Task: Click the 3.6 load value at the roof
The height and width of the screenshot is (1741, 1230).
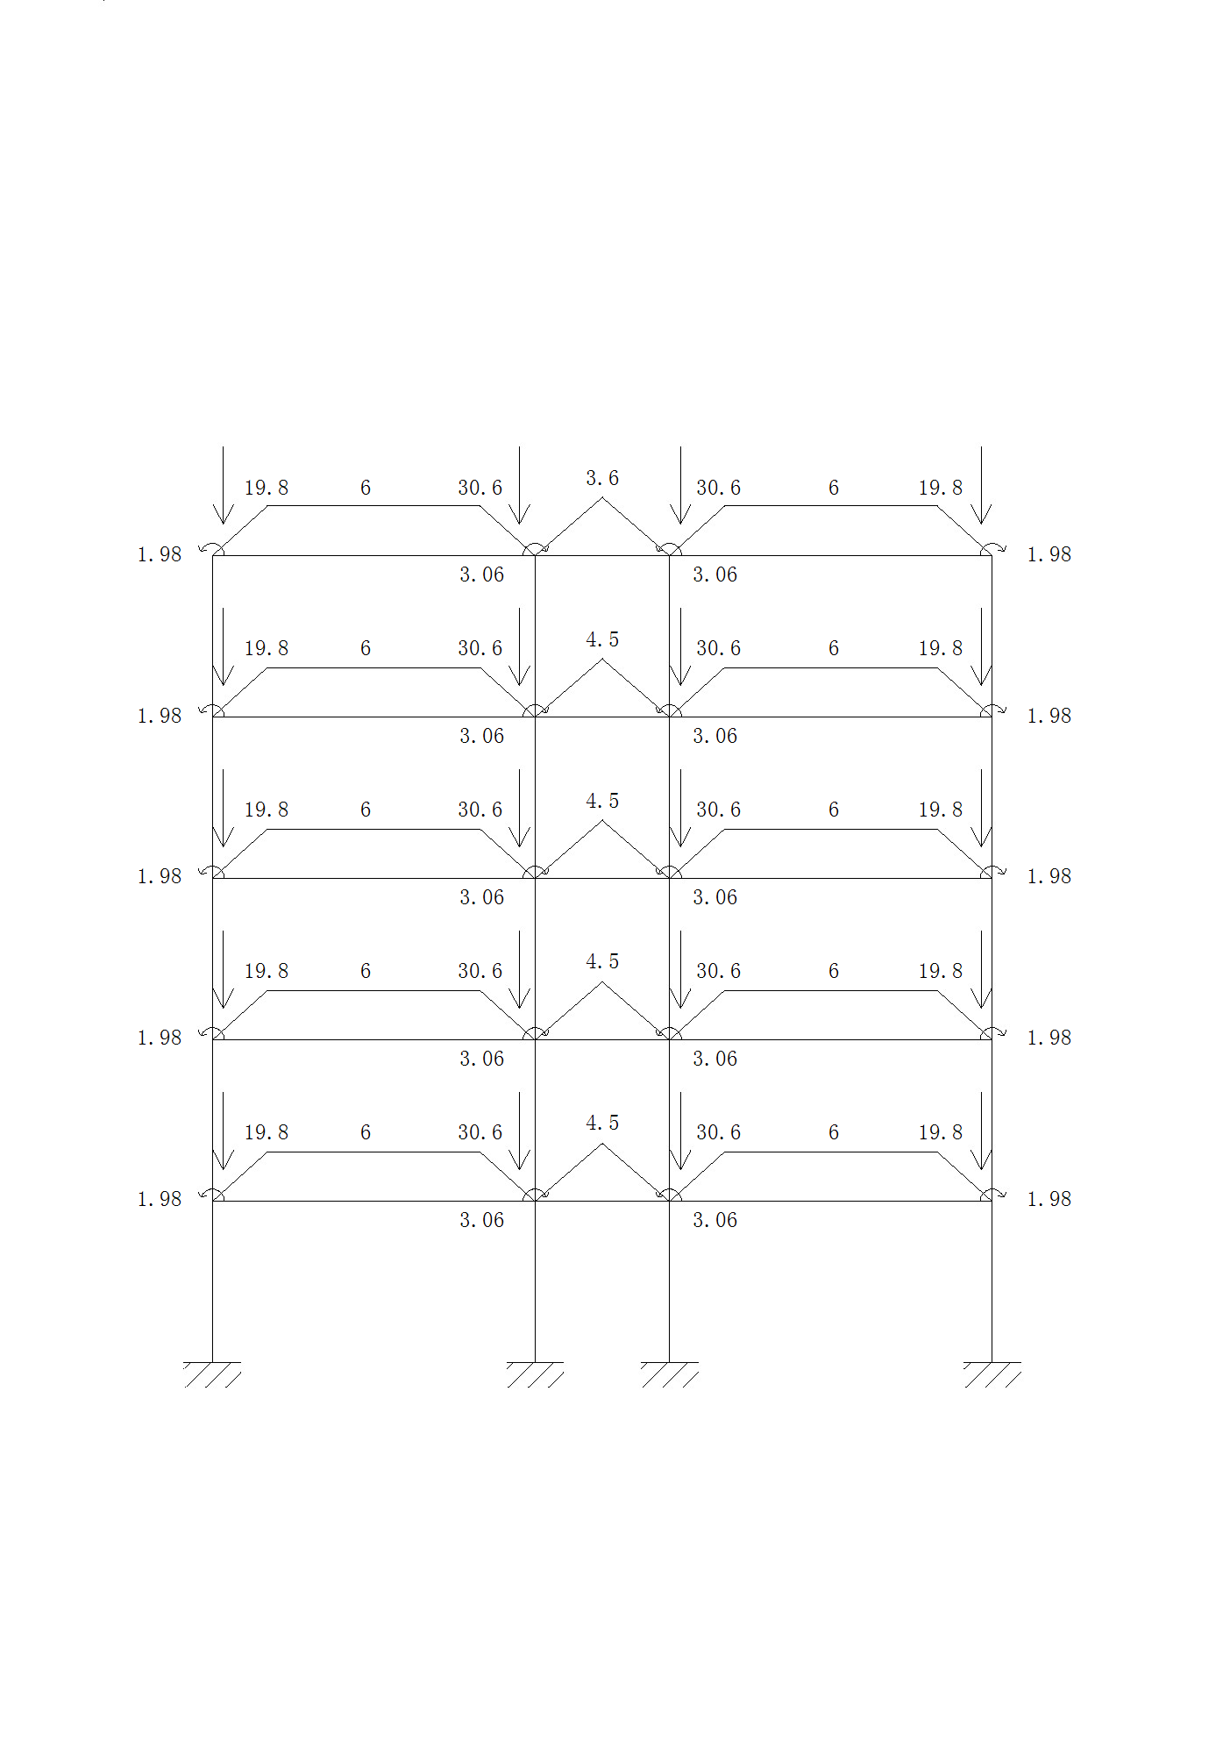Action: (602, 478)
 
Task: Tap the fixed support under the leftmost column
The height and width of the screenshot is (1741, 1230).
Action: (212, 1374)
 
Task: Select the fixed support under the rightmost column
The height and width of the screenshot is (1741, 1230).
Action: (992, 1374)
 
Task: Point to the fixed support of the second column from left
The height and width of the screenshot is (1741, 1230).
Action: (535, 1374)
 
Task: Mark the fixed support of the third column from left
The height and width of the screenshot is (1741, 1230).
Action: (669, 1374)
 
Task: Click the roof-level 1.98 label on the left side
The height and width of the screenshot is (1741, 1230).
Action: (159, 554)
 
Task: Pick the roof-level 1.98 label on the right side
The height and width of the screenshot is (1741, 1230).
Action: (1049, 554)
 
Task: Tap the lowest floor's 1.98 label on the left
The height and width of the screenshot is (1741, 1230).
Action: (159, 1199)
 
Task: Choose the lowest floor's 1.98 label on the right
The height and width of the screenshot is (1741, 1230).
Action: (1049, 1199)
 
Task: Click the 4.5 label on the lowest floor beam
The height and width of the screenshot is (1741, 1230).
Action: (602, 1123)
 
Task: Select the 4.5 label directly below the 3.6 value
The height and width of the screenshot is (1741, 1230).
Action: (602, 639)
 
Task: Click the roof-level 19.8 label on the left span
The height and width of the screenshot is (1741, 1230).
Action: (266, 488)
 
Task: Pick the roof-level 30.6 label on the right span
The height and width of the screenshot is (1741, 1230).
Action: (718, 488)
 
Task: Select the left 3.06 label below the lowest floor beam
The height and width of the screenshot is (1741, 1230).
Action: (481, 1220)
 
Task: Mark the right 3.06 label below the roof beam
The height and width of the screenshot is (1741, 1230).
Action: (715, 574)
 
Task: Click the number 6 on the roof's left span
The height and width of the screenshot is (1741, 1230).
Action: (366, 488)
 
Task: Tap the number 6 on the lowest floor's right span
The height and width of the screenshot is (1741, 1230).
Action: (834, 1132)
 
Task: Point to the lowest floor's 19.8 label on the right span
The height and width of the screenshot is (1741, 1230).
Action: (940, 1132)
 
